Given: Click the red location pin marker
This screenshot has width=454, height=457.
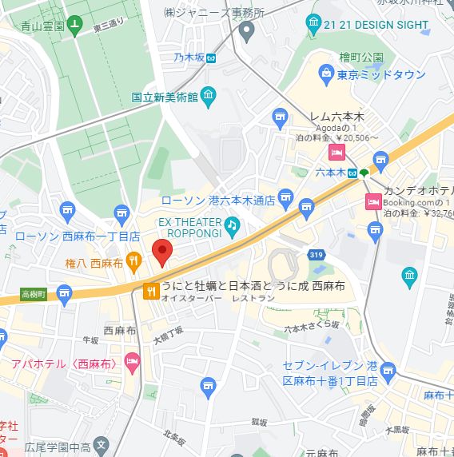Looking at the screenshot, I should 162,251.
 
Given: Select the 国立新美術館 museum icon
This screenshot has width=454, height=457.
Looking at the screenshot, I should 209,97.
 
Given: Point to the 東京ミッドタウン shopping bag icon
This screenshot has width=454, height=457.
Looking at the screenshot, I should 326,75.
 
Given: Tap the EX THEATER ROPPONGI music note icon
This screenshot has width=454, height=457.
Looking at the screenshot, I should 232,225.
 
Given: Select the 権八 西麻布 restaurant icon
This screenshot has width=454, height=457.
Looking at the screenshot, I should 134,260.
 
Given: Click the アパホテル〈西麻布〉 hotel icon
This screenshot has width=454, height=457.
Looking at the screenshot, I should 132,364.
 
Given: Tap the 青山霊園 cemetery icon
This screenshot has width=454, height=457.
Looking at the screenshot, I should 74,25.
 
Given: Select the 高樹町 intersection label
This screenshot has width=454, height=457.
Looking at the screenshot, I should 34,294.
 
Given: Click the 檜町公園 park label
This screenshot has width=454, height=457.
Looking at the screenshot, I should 360,58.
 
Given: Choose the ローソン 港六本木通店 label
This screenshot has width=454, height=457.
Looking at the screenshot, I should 218,201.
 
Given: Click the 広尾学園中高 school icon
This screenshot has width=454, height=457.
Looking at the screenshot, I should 101,444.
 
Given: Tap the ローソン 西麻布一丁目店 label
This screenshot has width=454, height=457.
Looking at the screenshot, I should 78,236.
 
